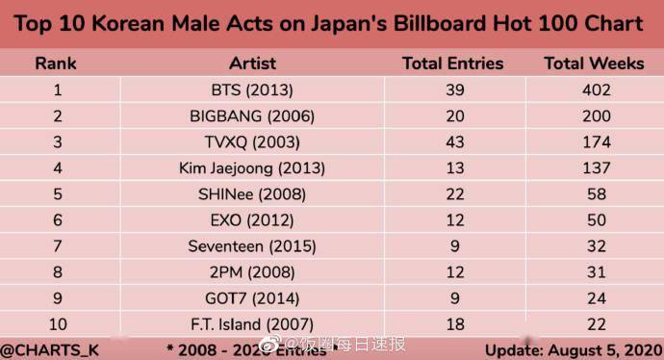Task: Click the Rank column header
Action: [56, 64]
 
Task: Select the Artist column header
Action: [252, 64]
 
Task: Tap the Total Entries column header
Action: [452, 64]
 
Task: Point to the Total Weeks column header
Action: [594, 64]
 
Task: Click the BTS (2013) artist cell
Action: [252, 91]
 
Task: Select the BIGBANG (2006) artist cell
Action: [252, 116]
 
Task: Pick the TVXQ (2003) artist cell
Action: [252, 142]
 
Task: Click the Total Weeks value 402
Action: [594, 91]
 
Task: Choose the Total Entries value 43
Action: [452, 142]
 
